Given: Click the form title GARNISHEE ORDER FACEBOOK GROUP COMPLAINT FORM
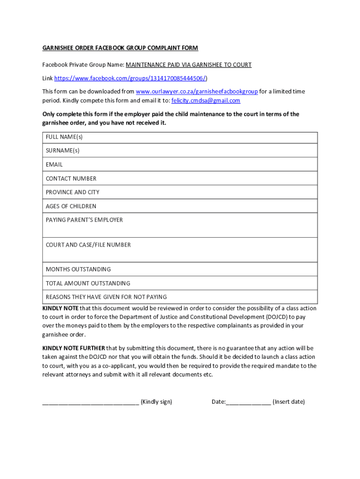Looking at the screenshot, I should [120, 48].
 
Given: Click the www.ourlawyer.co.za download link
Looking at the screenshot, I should [196, 92].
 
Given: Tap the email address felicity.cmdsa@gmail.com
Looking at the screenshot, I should [206, 101].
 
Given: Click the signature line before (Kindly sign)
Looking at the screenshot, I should [90, 402].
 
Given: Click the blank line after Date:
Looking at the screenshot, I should [248, 402].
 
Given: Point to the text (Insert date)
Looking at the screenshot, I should [288, 402].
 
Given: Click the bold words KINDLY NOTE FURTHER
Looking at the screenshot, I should [73, 348].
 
